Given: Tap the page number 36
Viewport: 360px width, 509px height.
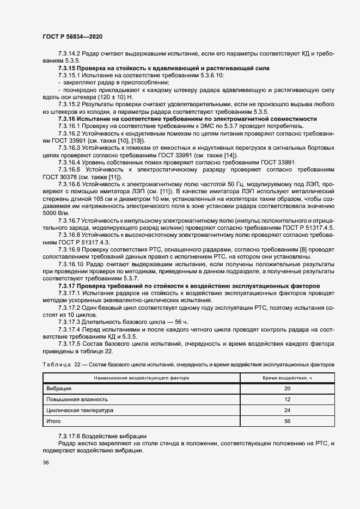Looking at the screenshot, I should tap(46, 463).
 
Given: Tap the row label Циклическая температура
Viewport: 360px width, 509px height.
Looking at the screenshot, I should tap(79, 410).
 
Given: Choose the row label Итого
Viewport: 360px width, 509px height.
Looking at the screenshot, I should tap(53, 421).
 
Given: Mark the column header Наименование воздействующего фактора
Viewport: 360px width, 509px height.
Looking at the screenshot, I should tap(141, 377).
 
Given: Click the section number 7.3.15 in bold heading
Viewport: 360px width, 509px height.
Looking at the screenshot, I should tap(67, 68).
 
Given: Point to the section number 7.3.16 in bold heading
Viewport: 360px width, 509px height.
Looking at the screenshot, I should tap(67, 119).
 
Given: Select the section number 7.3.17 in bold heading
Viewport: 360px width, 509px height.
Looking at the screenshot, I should tap(67, 286).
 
